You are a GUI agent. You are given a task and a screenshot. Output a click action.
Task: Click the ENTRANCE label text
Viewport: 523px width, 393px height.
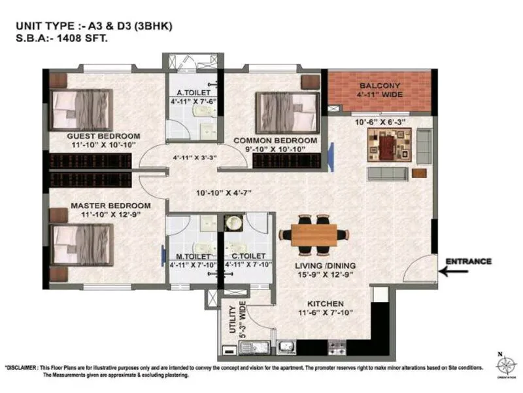point(468,261)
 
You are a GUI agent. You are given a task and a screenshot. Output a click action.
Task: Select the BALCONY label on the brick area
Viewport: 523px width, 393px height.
point(380,86)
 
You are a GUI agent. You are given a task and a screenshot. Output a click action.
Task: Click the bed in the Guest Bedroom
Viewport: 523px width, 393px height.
point(82,109)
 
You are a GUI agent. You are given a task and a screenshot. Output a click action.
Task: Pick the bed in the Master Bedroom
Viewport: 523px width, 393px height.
point(82,245)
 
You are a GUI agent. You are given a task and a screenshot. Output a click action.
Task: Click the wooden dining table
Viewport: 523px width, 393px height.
point(314,234)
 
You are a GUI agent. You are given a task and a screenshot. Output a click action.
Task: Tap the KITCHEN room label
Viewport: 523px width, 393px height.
point(326,304)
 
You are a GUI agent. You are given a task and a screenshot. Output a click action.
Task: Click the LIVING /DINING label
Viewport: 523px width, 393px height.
point(325,265)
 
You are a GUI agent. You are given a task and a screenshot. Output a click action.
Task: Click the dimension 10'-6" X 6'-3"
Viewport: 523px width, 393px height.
point(380,122)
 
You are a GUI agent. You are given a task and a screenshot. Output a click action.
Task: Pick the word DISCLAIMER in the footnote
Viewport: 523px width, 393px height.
point(29,368)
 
